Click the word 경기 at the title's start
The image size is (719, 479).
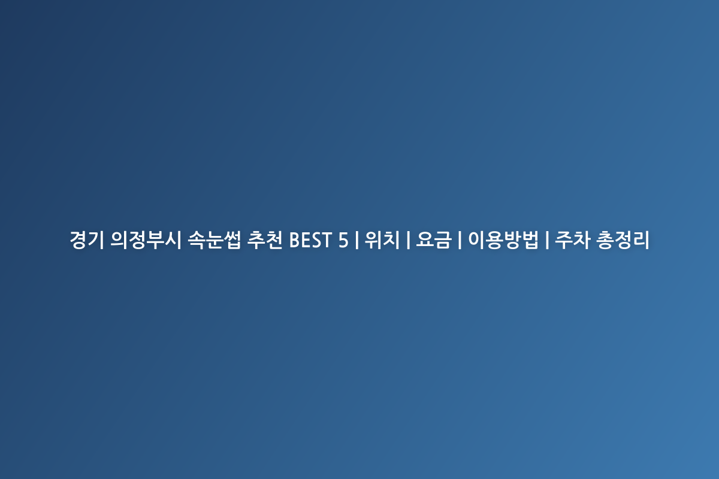[87, 240]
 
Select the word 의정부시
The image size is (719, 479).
[146, 240]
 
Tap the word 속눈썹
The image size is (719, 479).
[214, 240]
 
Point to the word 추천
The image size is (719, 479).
[264, 240]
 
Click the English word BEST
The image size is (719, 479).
[310, 240]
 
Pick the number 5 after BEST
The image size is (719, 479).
[343, 240]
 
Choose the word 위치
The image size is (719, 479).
[382, 240]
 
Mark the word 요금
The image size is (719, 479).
[434, 240]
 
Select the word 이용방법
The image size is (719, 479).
[503, 240]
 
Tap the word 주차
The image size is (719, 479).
[573, 240]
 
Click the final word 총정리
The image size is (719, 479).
[623, 240]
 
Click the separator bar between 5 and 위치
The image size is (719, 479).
[357, 240]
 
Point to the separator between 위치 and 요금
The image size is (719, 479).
[408, 240]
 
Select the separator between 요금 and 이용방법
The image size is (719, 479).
[460, 240]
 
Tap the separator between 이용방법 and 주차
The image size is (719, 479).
[546, 240]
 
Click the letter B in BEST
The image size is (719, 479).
[295, 240]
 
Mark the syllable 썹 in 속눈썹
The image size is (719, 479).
[232, 240]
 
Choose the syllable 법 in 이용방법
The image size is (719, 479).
[529, 240]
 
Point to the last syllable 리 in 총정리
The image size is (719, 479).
[641, 240]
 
